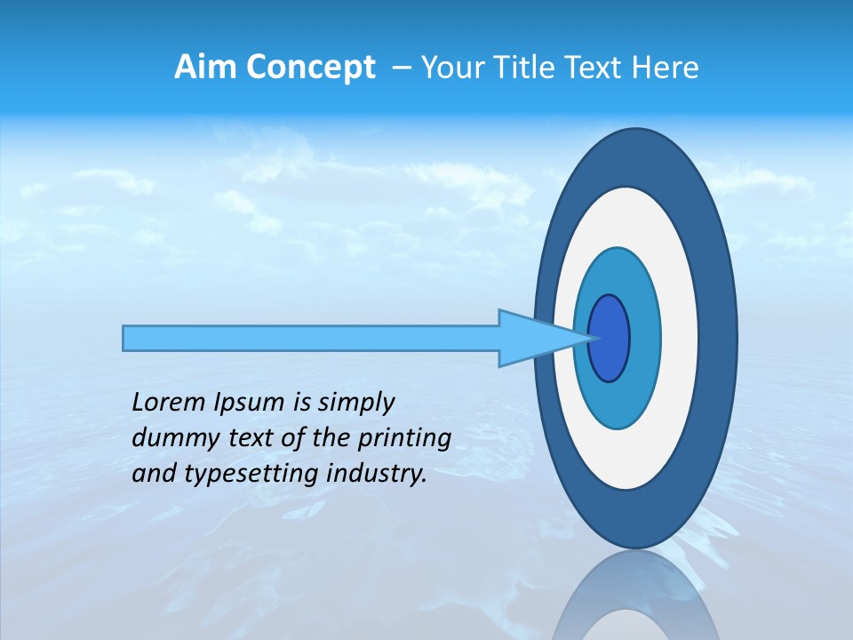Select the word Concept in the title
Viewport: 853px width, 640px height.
[311, 68]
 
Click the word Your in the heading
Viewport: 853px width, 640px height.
[451, 68]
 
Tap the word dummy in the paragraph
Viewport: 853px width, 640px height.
[171, 438]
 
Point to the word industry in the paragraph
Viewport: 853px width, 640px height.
[377, 474]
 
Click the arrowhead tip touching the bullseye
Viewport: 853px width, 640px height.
[589, 338]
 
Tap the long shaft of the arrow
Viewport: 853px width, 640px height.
[311, 338]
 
